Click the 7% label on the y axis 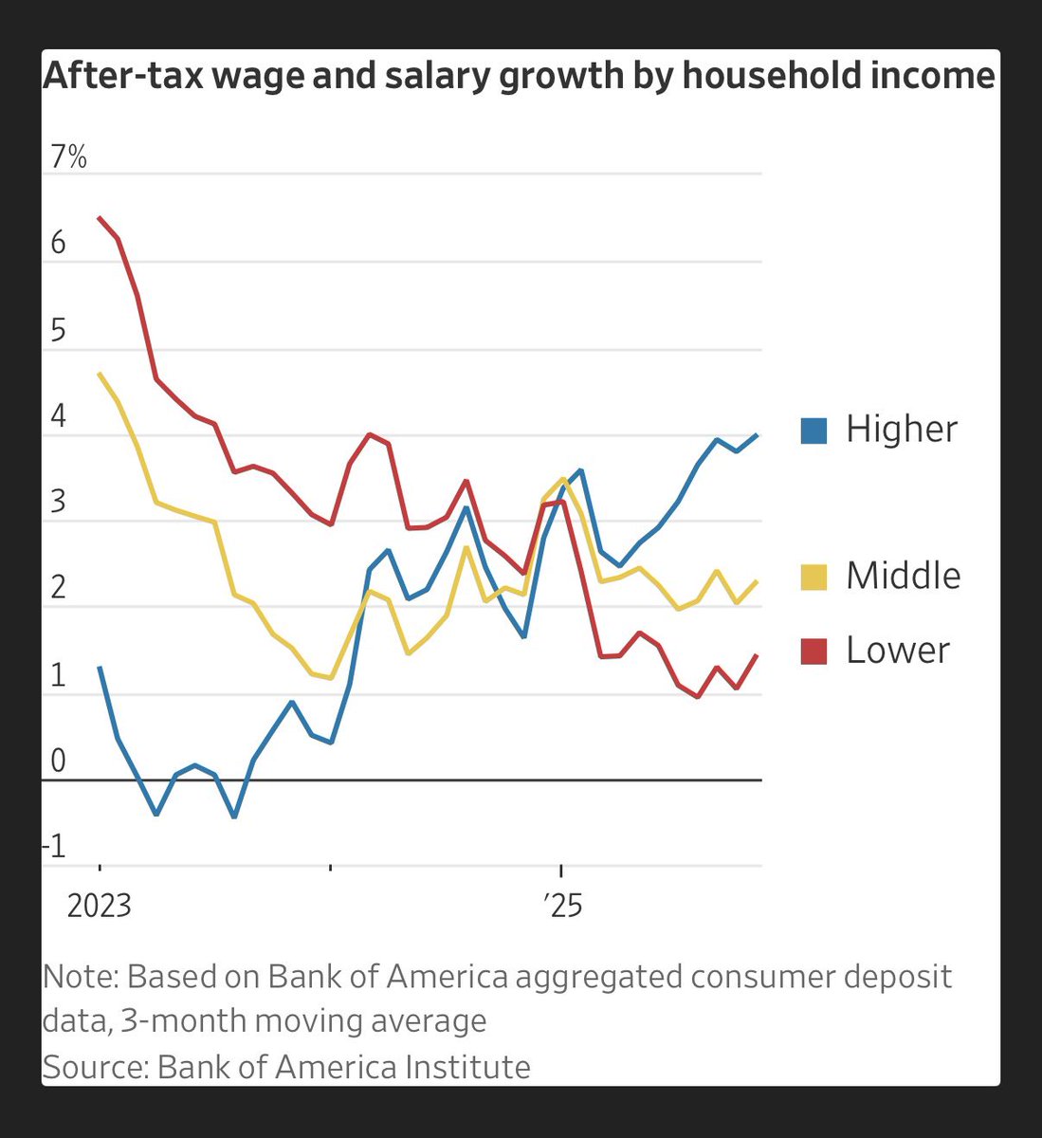(67, 156)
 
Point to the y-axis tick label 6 (58, 244)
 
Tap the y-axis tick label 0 (58, 762)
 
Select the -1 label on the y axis (56, 847)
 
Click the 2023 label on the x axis (99, 907)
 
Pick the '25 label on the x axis (562, 907)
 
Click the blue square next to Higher (813, 431)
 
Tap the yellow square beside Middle (813, 577)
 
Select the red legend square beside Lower (813, 651)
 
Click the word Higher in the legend (902, 430)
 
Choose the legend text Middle (903, 576)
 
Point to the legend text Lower (897, 651)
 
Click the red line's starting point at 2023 (100, 218)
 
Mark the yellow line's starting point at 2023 (100, 374)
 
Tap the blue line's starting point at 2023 (100, 667)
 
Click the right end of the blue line (757, 434)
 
